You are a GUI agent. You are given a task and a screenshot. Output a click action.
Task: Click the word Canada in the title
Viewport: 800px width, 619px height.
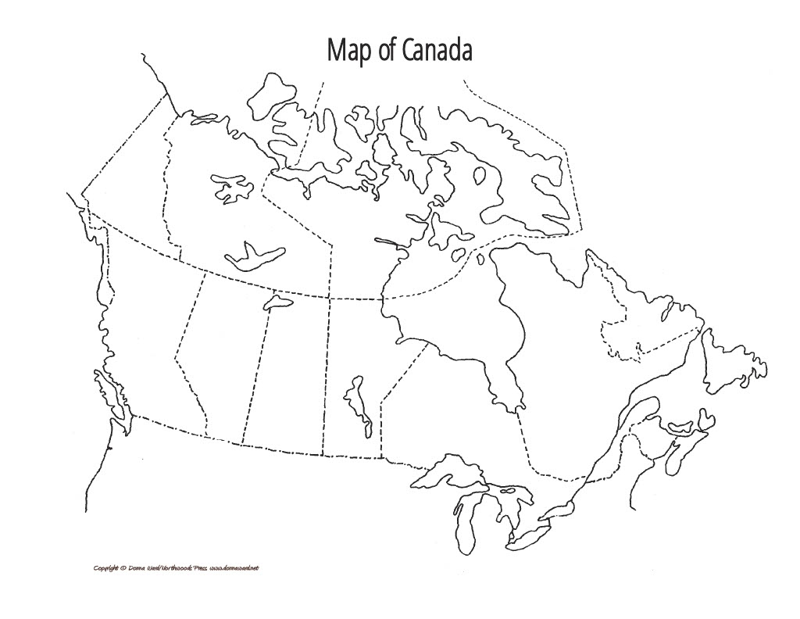[437, 50]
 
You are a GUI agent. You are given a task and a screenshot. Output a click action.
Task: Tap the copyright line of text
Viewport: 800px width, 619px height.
[175, 567]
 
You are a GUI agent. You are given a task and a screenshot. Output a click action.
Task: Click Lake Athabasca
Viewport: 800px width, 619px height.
[277, 299]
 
